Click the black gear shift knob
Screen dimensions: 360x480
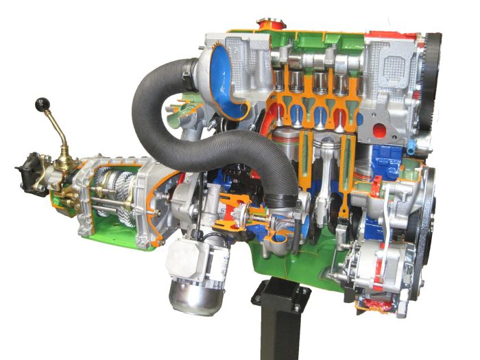pos(43,105)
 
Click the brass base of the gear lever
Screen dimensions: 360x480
pos(67,163)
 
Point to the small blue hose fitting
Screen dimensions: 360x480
pos(410,146)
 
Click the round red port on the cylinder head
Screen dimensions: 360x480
pos(375,131)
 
